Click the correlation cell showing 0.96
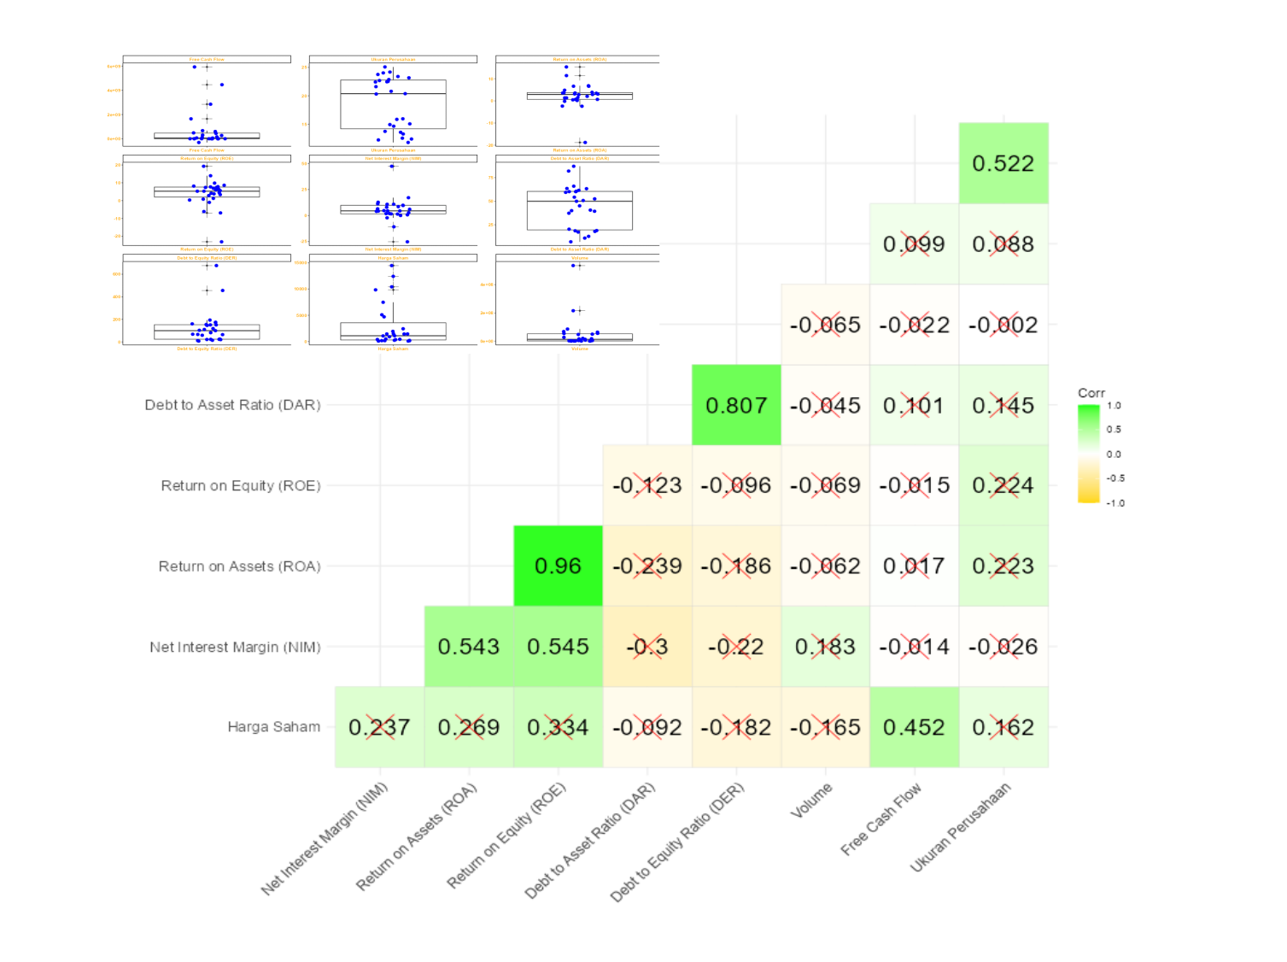(x=558, y=566)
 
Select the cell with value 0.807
(x=736, y=406)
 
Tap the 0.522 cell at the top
(x=1003, y=163)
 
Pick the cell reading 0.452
(x=914, y=727)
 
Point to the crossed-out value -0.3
(x=647, y=647)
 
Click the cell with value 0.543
(x=469, y=647)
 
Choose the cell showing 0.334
(x=558, y=727)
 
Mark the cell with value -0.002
(x=1003, y=325)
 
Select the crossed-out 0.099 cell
(x=914, y=244)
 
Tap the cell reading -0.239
(x=647, y=566)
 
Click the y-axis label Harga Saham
(x=273, y=727)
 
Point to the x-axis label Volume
(x=811, y=801)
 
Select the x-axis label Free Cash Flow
(x=881, y=819)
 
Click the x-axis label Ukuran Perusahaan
(x=961, y=827)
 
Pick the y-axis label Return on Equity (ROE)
(x=240, y=486)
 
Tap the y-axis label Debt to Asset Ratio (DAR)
(x=232, y=405)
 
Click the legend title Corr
(x=1091, y=393)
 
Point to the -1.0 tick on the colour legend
(x=1115, y=503)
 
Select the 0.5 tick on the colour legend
(x=1114, y=430)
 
